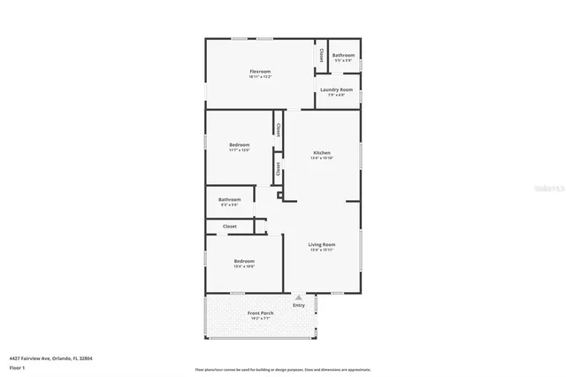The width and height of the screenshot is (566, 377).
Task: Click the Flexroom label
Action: (x=259, y=71)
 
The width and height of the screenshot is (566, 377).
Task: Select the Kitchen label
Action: (x=322, y=152)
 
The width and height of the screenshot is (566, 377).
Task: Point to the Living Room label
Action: (x=322, y=244)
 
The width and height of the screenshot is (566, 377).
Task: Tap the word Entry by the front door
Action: (x=298, y=305)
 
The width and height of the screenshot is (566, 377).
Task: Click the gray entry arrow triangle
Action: (x=298, y=298)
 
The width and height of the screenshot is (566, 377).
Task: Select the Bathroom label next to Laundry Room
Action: (x=343, y=56)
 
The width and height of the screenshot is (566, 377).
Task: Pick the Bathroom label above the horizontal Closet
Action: (x=229, y=200)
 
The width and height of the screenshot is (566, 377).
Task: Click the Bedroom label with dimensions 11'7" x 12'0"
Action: (x=240, y=144)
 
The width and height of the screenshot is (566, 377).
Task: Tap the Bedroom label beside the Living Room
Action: (x=244, y=261)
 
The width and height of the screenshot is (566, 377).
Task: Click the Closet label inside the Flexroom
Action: (x=320, y=54)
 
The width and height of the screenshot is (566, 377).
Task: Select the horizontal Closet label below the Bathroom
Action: (x=229, y=227)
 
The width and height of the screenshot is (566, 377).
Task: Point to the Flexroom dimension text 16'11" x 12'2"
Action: (x=259, y=77)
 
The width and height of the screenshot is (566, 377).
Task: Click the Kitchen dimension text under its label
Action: (x=322, y=158)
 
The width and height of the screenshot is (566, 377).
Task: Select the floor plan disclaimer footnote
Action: (x=283, y=369)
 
